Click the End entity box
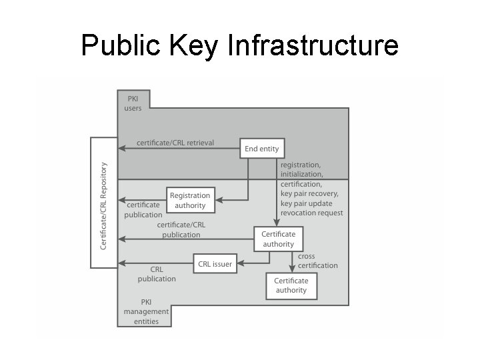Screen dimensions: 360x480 262,149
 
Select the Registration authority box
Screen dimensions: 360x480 190,200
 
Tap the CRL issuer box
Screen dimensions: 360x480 215,264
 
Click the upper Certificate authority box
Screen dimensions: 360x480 278,239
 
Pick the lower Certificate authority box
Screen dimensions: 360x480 291,285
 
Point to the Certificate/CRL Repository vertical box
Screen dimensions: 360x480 103,203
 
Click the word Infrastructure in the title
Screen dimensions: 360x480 313,46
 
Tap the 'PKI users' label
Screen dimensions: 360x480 133,103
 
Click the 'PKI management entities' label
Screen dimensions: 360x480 146,311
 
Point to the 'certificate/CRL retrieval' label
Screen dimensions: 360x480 175,143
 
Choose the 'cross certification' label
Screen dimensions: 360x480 317,261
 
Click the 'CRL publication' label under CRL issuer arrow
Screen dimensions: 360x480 157,274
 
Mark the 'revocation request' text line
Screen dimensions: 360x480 312,213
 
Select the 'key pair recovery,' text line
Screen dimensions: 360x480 309,194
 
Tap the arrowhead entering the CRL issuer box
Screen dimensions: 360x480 241,264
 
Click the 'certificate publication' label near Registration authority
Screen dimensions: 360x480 143,210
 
